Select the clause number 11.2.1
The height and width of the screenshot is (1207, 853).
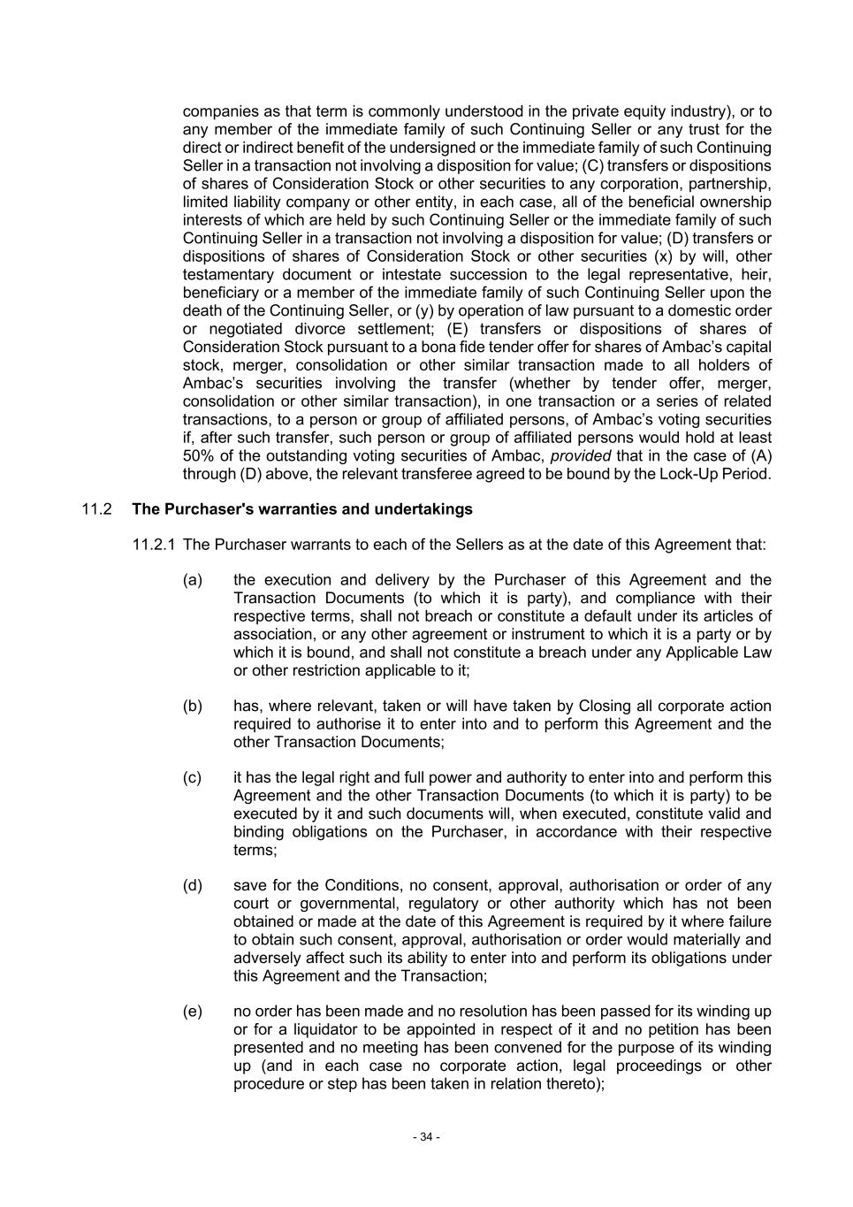(155, 545)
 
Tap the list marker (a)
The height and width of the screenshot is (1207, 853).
(193, 580)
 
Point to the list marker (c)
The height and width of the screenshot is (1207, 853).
(193, 777)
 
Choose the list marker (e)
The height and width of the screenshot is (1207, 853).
(193, 1012)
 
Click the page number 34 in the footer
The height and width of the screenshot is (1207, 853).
(426, 1137)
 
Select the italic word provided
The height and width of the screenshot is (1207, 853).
(581, 456)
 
